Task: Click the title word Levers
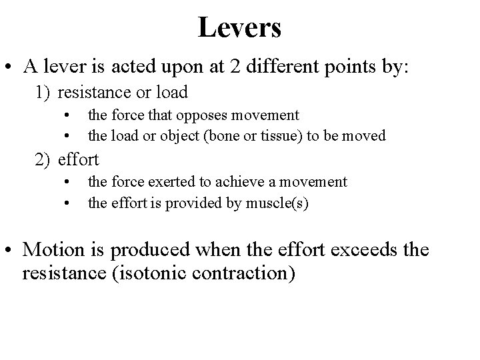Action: pos(239,27)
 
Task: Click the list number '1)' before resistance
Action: pos(43,91)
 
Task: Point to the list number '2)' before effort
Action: pos(43,159)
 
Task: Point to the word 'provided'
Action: pos(207,203)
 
